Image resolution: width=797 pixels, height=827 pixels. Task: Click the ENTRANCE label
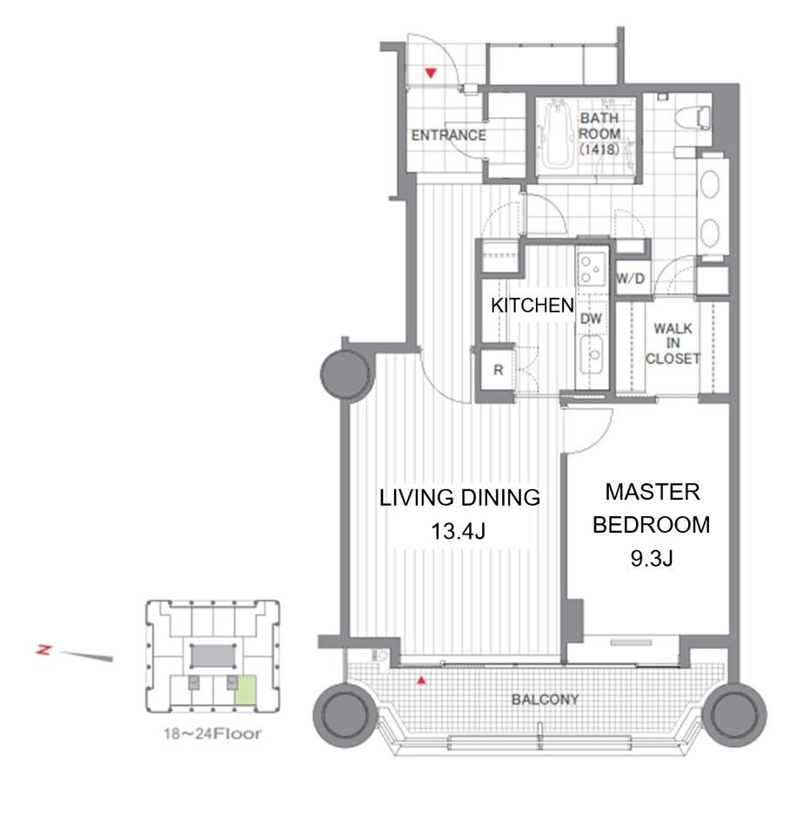coord(449,136)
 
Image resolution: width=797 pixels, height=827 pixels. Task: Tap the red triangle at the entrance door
coord(432,73)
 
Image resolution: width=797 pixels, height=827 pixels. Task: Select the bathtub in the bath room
coord(557,134)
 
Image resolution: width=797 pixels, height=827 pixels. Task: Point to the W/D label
coord(631,278)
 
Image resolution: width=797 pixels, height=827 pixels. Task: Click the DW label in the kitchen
coord(591,319)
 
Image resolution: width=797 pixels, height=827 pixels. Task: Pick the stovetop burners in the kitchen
coord(592,269)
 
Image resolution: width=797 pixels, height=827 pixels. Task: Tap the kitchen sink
coord(593,354)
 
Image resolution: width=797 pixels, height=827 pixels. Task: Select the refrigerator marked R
coord(498,370)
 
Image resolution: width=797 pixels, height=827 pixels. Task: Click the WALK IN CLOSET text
coord(673,343)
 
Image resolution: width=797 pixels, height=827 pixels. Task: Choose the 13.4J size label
coord(458,531)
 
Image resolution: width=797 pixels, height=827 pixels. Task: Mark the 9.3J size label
coord(652,558)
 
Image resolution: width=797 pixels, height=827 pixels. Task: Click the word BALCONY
coord(545,700)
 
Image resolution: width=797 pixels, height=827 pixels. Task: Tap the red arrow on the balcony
coord(421,681)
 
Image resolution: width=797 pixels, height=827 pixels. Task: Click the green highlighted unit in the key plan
coord(245,691)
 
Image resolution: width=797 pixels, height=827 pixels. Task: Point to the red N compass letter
coord(44,649)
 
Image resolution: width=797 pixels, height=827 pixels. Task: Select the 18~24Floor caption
coord(212,733)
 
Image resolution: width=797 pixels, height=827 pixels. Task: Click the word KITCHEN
coord(532,306)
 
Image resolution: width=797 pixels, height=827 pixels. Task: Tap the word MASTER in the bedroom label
coord(652,492)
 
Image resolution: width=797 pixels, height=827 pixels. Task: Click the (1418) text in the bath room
coord(599,149)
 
